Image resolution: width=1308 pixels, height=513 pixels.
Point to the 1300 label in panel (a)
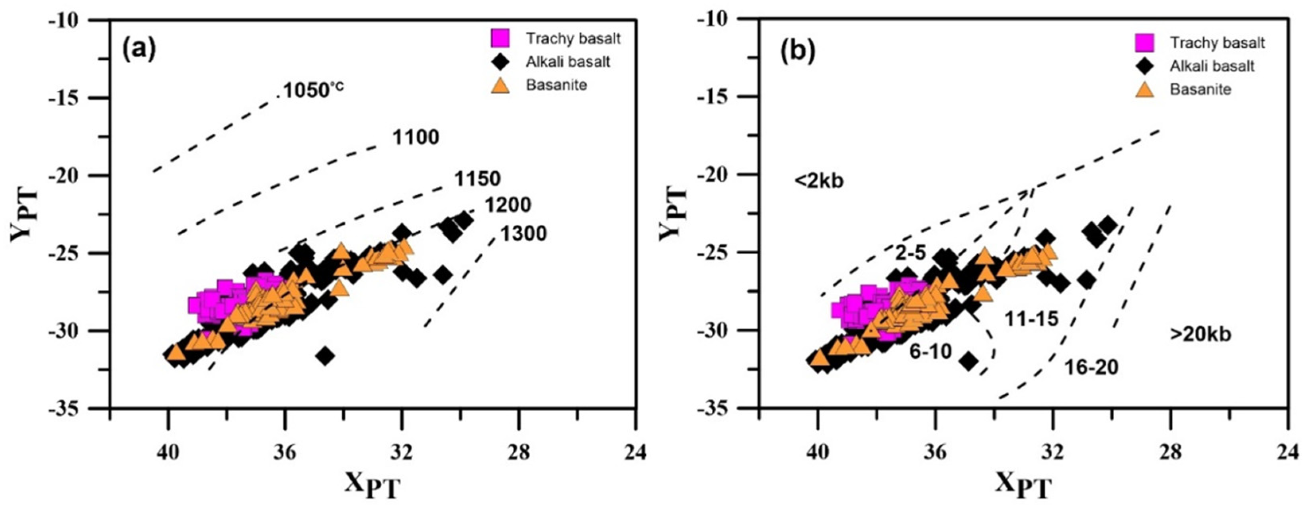click(523, 234)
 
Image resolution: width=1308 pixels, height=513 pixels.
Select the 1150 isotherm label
click(477, 179)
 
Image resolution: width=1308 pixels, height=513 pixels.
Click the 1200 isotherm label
click(508, 205)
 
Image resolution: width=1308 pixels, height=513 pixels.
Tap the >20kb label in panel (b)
click(1201, 334)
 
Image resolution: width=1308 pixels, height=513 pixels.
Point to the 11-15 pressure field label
click(1031, 319)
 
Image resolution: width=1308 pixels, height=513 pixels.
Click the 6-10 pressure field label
click(930, 351)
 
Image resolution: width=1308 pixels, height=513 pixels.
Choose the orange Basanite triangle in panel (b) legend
click(1144, 89)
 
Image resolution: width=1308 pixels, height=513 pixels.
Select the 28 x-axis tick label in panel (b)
click(1170, 451)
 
